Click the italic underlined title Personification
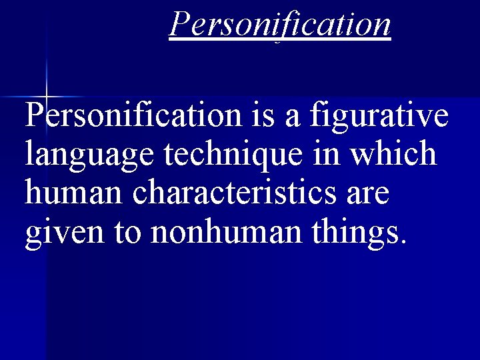tap(279, 24)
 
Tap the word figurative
tap(378, 115)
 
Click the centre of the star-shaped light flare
tap(45, 97)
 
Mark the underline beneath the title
tap(279, 39)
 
